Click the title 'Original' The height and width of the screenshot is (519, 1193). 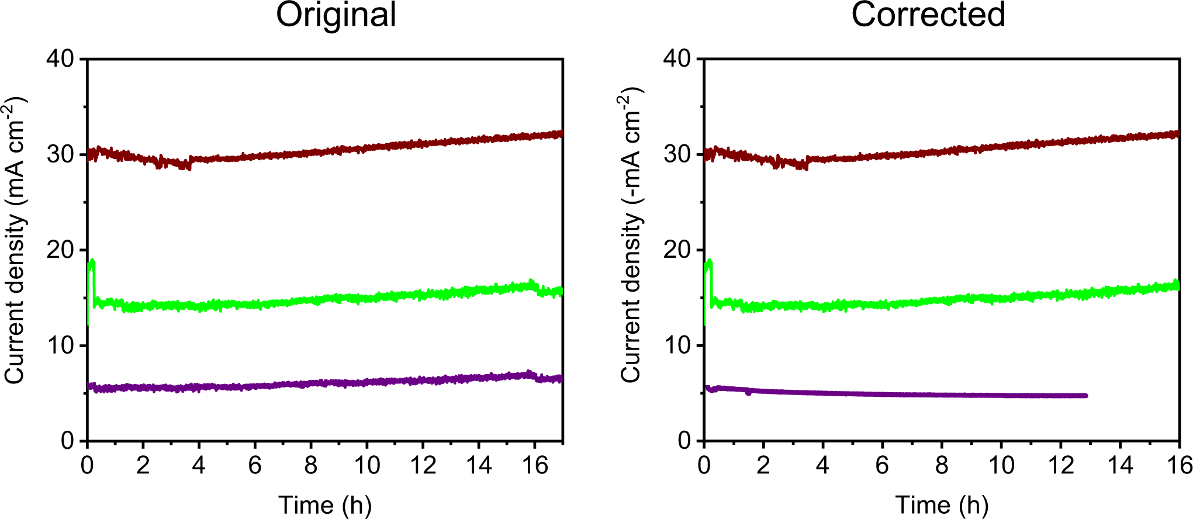click(x=336, y=15)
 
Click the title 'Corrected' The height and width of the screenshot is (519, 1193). click(x=928, y=15)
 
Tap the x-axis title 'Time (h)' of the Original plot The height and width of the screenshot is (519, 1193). click(x=325, y=504)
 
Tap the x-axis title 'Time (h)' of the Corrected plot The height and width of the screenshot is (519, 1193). click(x=942, y=504)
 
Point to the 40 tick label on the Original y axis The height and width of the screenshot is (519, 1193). click(x=60, y=58)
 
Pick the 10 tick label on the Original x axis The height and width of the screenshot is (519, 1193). click(x=366, y=466)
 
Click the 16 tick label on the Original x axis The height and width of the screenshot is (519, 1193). click(x=534, y=466)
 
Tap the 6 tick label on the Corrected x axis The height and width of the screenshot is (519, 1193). click(x=882, y=466)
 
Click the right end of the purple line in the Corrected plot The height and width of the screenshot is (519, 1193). click(x=1085, y=396)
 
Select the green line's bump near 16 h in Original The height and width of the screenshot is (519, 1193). click(x=530, y=284)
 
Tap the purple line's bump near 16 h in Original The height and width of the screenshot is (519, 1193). click(x=528, y=373)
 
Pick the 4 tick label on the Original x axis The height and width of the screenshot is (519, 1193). click(x=199, y=466)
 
